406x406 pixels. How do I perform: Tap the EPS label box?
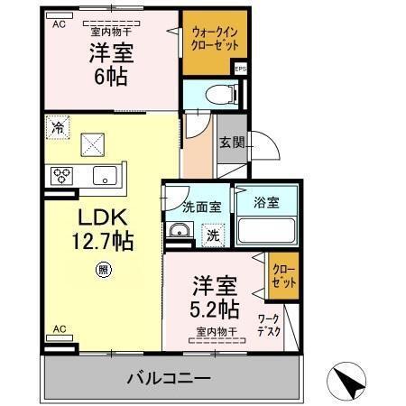(x=240, y=69)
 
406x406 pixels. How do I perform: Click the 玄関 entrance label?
(x=229, y=142)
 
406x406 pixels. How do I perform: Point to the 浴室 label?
(x=267, y=202)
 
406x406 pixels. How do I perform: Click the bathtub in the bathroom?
(x=268, y=231)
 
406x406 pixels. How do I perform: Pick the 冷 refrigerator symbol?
(x=57, y=127)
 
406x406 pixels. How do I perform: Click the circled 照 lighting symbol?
(x=104, y=268)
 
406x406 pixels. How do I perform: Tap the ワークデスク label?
(x=268, y=325)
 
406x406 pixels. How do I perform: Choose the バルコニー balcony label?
(x=168, y=376)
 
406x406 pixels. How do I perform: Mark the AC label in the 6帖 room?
(x=59, y=24)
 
